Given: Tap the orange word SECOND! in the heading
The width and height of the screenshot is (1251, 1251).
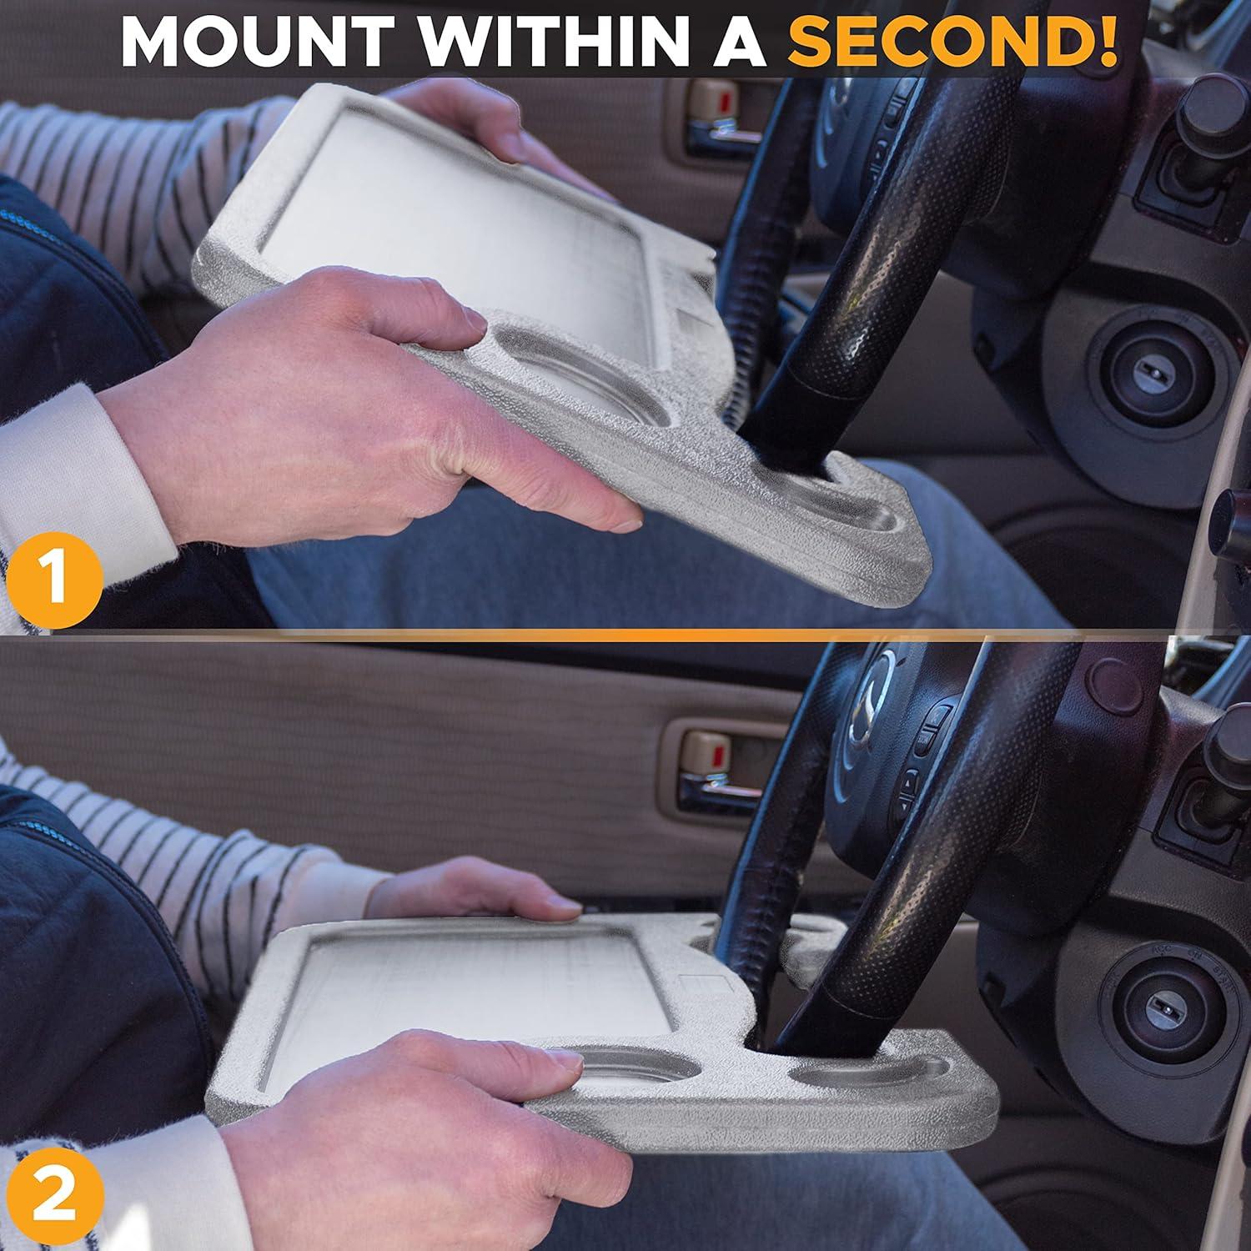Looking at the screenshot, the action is [x=954, y=39].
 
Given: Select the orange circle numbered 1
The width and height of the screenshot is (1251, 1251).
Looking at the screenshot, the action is [x=53, y=577].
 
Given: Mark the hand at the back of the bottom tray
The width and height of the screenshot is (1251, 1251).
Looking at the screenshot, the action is [x=484, y=888].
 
